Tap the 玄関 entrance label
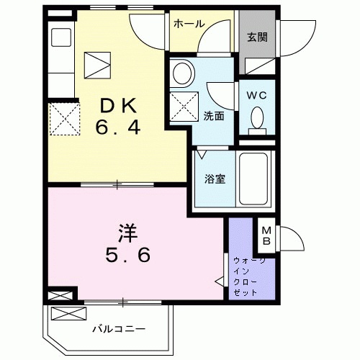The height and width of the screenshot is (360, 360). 257,37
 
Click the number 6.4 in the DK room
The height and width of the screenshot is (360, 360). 118,130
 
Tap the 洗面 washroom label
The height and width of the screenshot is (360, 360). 214,115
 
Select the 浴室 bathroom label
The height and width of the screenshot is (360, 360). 214,179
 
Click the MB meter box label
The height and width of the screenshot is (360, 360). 266,233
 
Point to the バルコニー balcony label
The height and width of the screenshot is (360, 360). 119,329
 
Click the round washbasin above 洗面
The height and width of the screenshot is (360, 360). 182,73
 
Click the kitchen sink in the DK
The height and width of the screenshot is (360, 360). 60,37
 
